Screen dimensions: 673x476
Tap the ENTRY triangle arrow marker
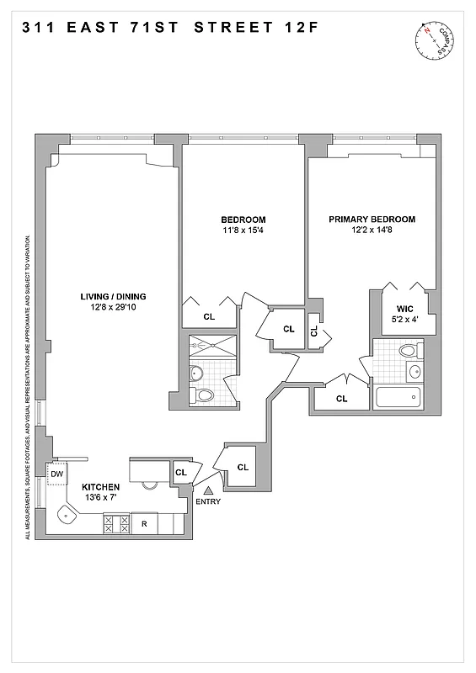(x=208, y=490)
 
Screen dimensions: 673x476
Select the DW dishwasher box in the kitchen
(x=57, y=474)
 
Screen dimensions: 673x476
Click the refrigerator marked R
(x=144, y=523)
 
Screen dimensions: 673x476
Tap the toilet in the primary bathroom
(x=408, y=351)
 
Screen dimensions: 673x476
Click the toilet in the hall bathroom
(x=203, y=395)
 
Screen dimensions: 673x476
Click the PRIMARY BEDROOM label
(x=372, y=220)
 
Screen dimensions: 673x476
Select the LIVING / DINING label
(x=113, y=296)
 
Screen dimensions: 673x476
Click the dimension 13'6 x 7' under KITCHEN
(x=100, y=498)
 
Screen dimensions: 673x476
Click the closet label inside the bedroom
(x=209, y=316)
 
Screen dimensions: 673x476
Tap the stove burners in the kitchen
(x=115, y=523)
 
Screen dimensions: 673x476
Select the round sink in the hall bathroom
(x=197, y=373)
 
